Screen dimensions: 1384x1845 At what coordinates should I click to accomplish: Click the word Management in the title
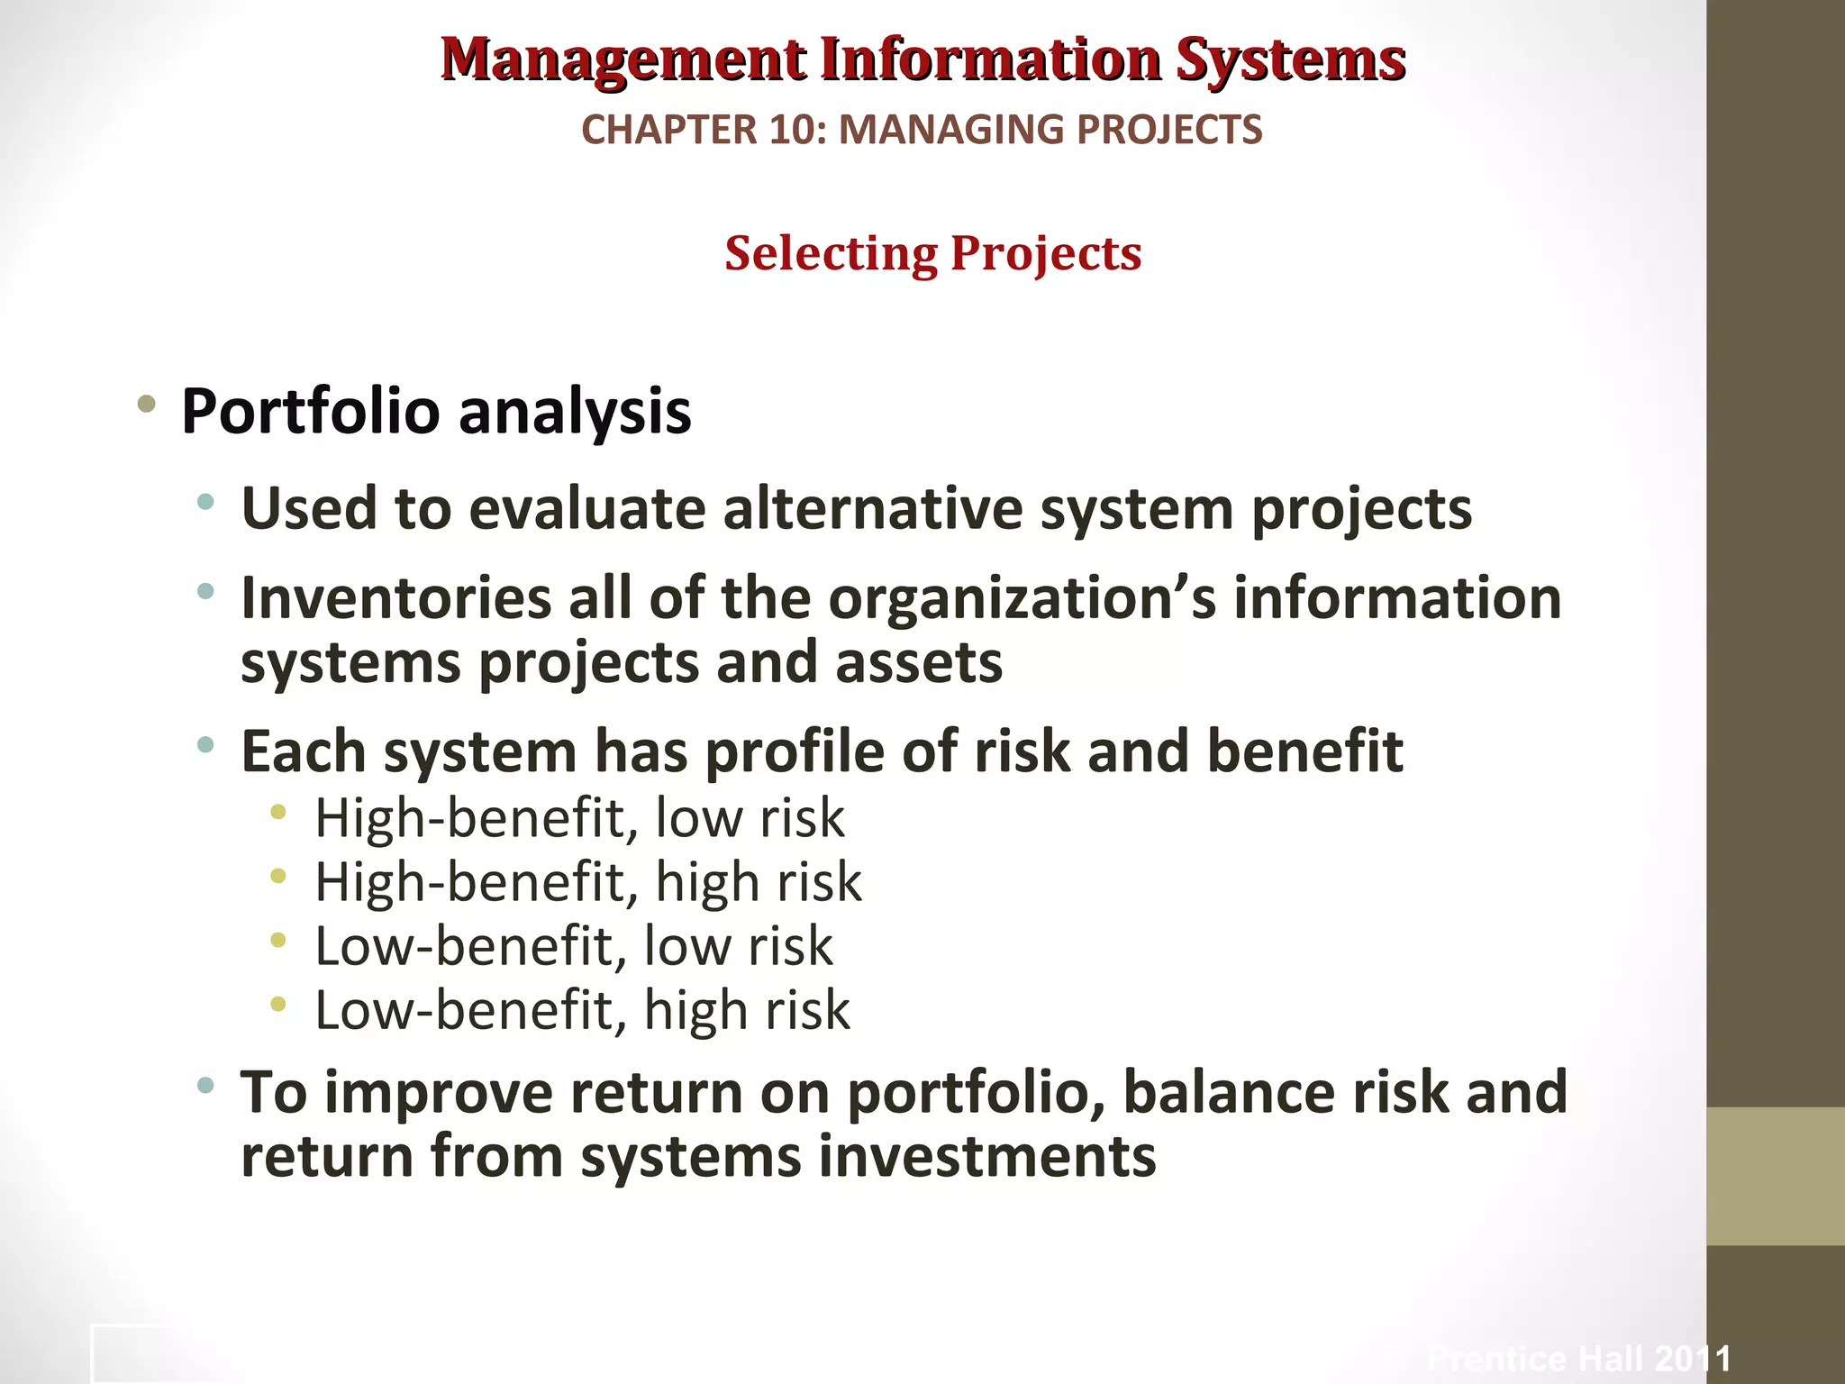[x=623, y=59]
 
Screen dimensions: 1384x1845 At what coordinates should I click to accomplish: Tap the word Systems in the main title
[x=1290, y=59]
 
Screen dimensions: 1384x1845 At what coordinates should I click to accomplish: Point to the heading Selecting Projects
[x=932, y=253]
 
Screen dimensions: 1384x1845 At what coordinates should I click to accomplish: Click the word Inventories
[x=395, y=598]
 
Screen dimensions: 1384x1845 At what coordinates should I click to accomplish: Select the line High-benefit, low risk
[x=579, y=818]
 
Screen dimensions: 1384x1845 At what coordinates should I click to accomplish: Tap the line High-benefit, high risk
[x=587, y=882]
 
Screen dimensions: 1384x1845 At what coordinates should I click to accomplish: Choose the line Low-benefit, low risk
[x=573, y=946]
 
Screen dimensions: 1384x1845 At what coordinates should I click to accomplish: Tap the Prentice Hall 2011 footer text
[x=1578, y=1358]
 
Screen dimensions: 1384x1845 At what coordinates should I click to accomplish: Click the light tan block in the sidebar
[x=1775, y=1176]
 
